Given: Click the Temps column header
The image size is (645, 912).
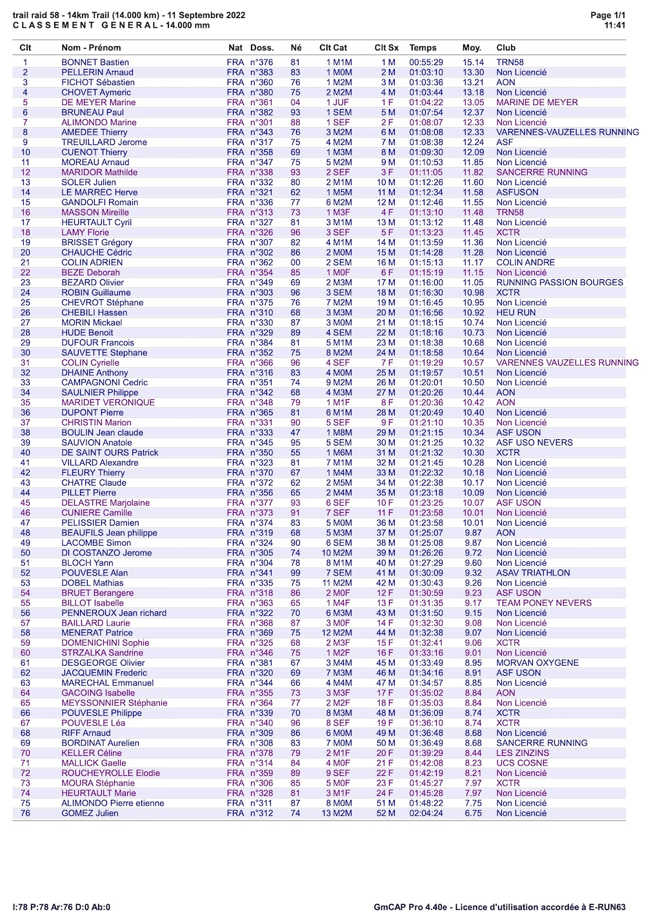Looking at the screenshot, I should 422,48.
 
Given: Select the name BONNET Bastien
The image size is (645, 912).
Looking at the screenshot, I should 95,63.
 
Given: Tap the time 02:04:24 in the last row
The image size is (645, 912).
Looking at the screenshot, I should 426,813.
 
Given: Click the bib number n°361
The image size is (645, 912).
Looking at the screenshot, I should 262,103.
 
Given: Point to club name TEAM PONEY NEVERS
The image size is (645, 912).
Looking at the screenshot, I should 543,603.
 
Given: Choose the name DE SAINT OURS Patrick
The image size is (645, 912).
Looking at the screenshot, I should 110,453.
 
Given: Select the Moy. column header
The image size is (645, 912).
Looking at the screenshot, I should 471,48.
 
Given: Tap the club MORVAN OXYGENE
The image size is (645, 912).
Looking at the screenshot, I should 537,663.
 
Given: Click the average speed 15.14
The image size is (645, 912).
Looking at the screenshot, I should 473,63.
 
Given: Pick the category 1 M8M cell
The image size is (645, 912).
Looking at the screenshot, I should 339,433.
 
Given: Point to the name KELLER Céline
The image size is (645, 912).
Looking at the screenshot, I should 92,753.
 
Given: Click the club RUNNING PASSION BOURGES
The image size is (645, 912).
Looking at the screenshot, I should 559,283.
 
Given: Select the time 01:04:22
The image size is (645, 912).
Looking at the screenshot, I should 426,103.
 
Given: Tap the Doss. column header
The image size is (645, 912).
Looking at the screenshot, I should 262,48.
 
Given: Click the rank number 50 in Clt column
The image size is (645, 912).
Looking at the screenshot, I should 25,553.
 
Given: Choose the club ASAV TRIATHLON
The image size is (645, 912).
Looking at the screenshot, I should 533,573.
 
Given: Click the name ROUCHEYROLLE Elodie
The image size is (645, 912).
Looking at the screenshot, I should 110,773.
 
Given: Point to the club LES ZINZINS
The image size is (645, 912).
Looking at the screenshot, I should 522,753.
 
